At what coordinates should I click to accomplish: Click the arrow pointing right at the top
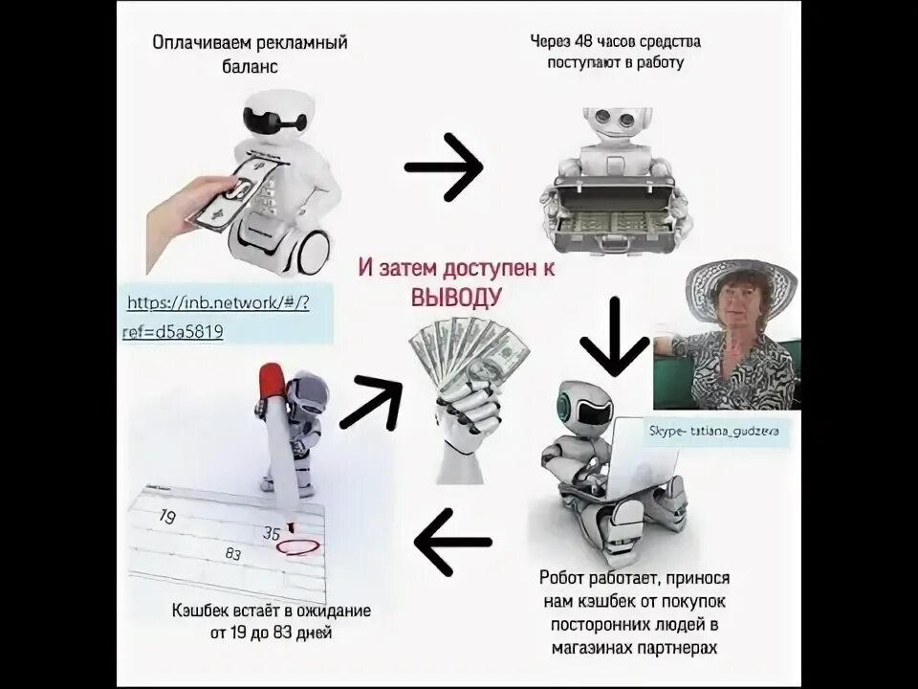coord(444,167)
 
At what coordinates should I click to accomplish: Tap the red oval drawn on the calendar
coord(295,547)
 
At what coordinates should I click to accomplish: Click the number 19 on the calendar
coord(167,518)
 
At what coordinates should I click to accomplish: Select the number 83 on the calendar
coord(232,552)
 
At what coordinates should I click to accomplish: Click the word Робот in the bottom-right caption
coord(563,578)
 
